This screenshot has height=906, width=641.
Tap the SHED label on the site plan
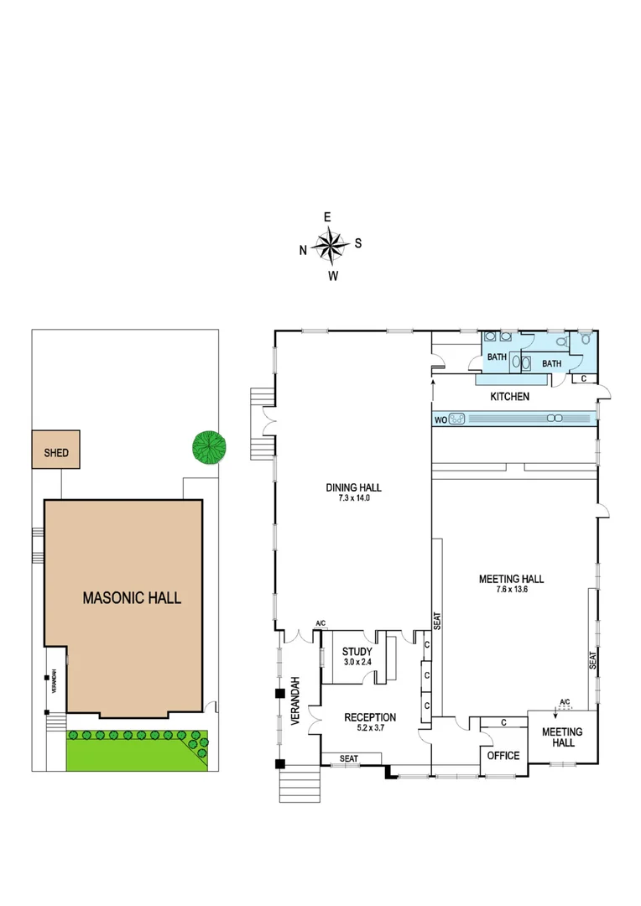(x=56, y=454)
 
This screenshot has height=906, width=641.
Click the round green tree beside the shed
(x=210, y=446)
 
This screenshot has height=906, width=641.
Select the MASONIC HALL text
(x=132, y=598)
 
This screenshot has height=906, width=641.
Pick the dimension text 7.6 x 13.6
(x=511, y=590)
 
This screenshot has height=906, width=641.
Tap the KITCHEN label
(x=509, y=396)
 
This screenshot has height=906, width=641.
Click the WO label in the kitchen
(x=440, y=418)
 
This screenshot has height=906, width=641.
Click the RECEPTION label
(x=370, y=717)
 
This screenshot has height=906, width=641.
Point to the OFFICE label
(x=503, y=756)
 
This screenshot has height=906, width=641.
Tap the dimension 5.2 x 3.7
(x=370, y=729)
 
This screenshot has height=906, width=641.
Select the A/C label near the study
(x=320, y=623)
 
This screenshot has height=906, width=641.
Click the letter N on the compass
(x=303, y=249)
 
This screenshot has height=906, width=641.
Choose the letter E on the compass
(x=327, y=217)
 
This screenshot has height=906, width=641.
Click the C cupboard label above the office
(x=503, y=721)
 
